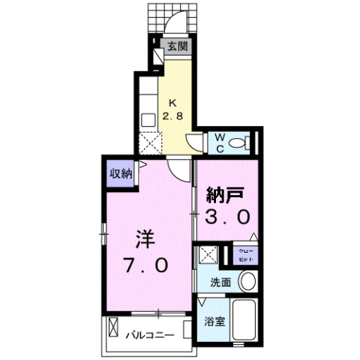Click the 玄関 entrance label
click(x=178, y=46)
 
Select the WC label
click(x=220, y=141)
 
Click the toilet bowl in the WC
click(x=241, y=142)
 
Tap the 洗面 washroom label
click(x=220, y=283)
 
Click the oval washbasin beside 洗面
click(x=247, y=282)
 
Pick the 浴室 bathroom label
click(x=214, y=323)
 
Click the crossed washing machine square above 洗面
click(x=207, y=256)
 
